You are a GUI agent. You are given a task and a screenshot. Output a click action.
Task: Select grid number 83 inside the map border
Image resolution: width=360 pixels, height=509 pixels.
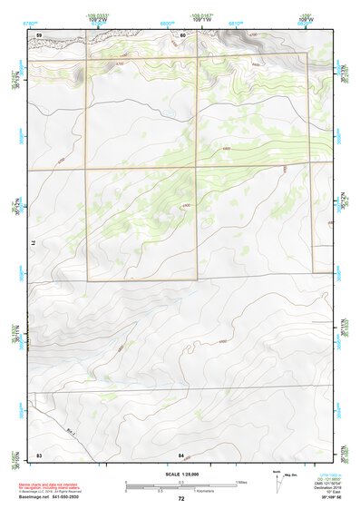(40, 453)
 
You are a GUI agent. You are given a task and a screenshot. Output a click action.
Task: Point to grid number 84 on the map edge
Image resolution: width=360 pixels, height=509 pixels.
(181, 453)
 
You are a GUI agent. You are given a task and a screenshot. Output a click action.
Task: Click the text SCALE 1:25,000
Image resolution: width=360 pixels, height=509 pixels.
(180, 475)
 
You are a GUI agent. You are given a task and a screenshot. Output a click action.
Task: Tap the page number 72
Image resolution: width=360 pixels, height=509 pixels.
(181, 499)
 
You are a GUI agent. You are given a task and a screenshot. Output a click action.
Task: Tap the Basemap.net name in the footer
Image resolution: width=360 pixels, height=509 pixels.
(34, 498)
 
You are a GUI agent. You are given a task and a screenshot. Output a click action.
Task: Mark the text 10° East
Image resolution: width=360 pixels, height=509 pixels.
(334, 492)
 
